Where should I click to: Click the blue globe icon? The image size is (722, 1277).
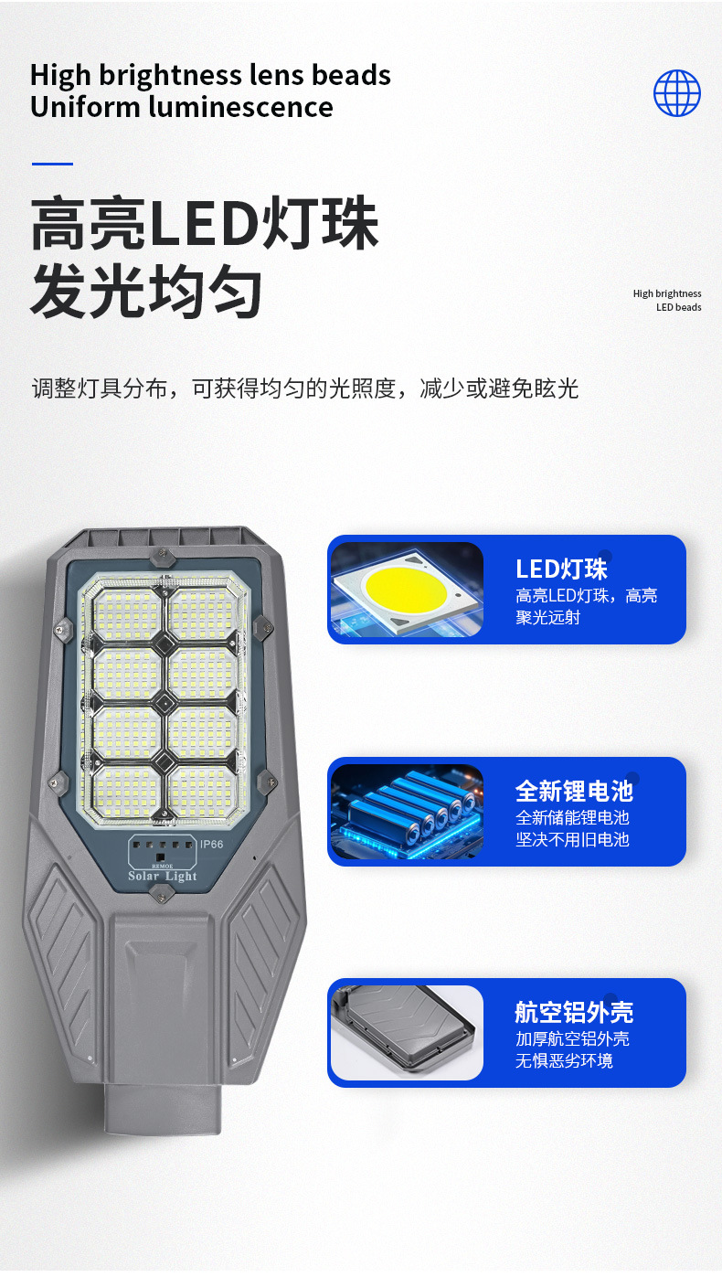tap(677, 93)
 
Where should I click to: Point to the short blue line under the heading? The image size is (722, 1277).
tap(52, 164)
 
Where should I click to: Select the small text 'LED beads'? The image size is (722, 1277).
tap(679, 307)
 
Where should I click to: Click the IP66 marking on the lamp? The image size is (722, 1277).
tap(211, 844)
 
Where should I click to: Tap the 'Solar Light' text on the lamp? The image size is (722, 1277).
tap(163, 877)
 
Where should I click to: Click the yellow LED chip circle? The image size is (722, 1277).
tap(406, 587)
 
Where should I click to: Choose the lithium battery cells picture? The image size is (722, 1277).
tap(407, 811)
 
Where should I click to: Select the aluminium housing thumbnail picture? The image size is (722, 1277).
tap(407, 1032)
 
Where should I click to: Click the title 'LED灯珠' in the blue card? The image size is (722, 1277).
tap(561, 569)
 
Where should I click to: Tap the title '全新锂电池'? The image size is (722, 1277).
tap(574, 792)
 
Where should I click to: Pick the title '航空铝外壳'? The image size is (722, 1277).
tap(574, 1013)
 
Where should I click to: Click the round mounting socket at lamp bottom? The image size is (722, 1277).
tap(163, 1108)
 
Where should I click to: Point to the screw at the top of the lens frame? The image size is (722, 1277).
tap(163, 557)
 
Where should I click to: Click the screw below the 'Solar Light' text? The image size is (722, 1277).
tap(162, 893)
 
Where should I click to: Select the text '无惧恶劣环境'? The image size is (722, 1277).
tap(564, 1061)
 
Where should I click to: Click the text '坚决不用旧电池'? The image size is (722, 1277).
tap(572, 840)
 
